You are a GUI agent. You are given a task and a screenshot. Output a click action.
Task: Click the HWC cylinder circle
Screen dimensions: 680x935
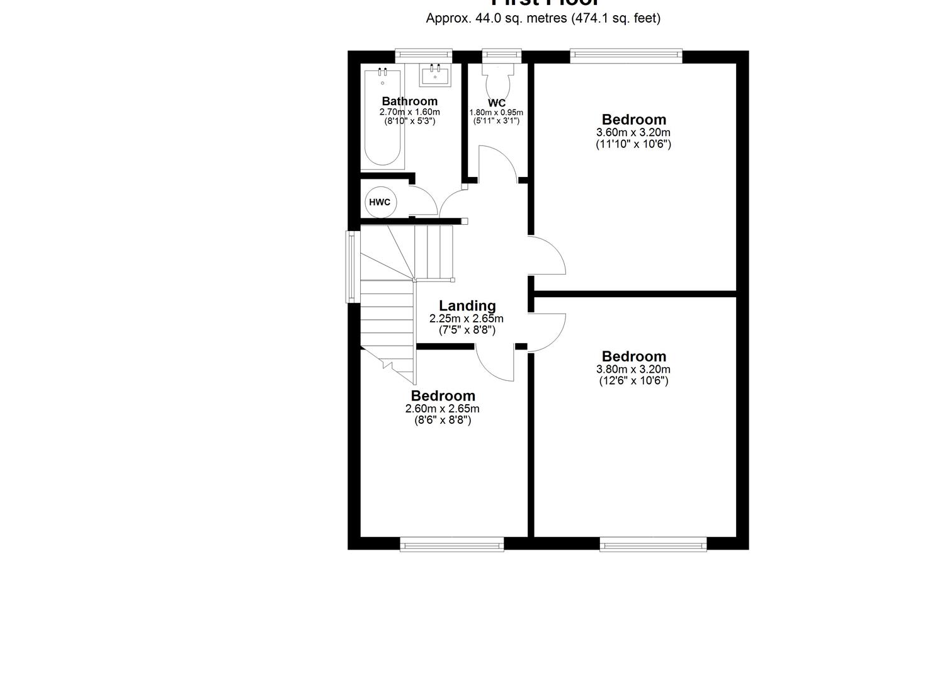[380, 202]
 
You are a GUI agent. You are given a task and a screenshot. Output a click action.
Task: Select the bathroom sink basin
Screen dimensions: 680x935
[435, 76]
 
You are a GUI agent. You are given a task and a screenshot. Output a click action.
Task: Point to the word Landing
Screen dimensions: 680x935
[467, 305]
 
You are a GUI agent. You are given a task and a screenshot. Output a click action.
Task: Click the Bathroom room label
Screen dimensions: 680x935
[409, 101]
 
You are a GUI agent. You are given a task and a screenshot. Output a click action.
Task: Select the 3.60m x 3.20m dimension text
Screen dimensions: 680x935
[633, 132]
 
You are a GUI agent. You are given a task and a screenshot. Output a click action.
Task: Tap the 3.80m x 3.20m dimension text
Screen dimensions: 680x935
[633, 370]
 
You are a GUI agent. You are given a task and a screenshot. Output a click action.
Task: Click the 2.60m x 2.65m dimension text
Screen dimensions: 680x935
[443, 409]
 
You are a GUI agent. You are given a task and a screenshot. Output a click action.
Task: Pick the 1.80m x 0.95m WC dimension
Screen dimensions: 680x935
[496, 113]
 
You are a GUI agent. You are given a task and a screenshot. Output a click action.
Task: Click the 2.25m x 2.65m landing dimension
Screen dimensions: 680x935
[467, 319]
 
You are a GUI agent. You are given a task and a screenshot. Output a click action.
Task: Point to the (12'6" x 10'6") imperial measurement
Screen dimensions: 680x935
[633, 380]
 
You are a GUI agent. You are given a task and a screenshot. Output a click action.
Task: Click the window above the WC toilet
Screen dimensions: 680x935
[502, 57]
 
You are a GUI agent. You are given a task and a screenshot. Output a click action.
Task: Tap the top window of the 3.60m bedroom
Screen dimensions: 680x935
[626, 57]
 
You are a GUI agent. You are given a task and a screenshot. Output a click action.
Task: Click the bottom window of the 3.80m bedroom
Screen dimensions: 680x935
[653, 544]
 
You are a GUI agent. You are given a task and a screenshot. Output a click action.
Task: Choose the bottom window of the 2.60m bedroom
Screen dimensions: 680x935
[452, 544]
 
